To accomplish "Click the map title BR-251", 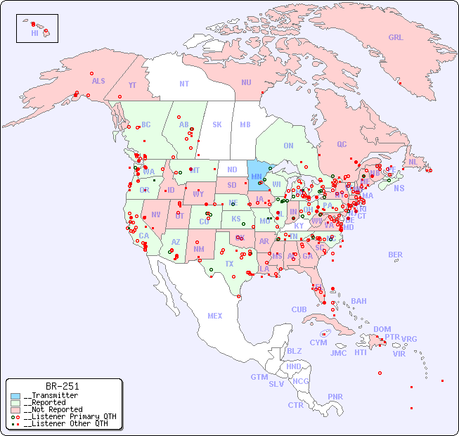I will coord(62,386).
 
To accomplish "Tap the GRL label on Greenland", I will coord(396,38).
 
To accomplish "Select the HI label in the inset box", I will coord(34,33).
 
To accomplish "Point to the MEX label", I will coord(215,316).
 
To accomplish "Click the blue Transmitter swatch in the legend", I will coord(16,396).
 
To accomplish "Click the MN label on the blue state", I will coord(257,177).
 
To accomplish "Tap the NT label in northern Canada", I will coord(184,84).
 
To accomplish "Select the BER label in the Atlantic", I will coord(396,255).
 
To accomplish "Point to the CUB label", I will coord(299,310).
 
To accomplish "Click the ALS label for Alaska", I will coord(98,82).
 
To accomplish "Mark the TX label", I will coord(229,264).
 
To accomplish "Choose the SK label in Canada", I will coord(217,125).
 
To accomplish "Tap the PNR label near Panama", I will coord(335,397).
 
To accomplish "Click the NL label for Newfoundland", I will coord(413,162).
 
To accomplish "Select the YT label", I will coord(132,85).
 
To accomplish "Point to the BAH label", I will coord(358,302).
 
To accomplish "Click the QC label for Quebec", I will coord(342,145).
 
